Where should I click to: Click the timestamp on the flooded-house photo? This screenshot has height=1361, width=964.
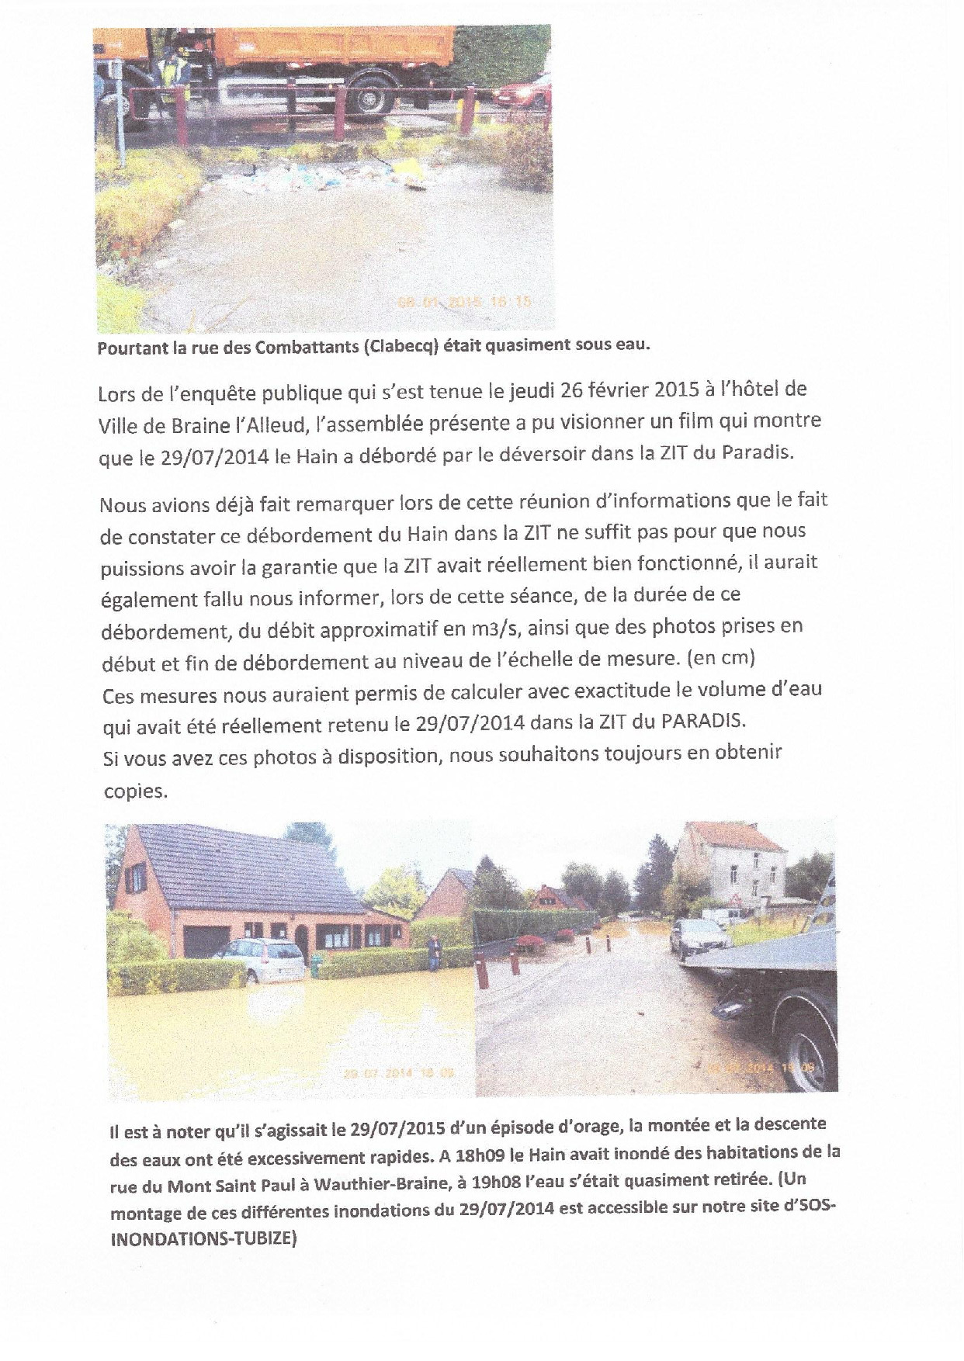(x=398, y=1074)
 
